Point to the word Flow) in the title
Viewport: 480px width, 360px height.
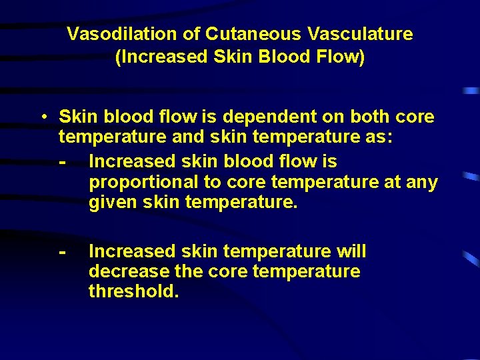343,57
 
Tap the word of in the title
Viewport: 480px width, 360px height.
193,34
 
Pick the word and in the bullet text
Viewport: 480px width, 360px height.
188,139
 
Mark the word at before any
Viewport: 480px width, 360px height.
391,183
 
